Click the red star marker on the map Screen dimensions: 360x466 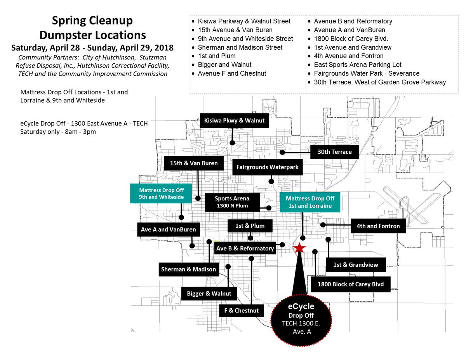coord(299,248)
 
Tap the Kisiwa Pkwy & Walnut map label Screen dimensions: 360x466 coord(234,120)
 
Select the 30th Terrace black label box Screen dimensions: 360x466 coord(334,152)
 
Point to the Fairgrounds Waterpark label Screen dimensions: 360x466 coord(268,167)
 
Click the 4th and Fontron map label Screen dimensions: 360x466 coord(378,226)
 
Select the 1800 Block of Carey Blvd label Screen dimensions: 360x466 coord(351,284)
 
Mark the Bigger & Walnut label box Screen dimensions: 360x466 coord(209,293)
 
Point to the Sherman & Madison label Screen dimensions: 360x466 coord(188,269)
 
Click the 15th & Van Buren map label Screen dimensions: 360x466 coord(194,163)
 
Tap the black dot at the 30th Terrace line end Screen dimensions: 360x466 coord(283,152)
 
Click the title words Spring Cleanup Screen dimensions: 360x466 coord(92,21)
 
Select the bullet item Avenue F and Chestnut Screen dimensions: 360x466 coord(232,73)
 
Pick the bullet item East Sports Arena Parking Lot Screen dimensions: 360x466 coord(357,65)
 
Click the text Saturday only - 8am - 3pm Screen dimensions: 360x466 coord(58,132)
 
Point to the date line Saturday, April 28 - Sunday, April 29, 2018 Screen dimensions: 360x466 coord(92,48)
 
